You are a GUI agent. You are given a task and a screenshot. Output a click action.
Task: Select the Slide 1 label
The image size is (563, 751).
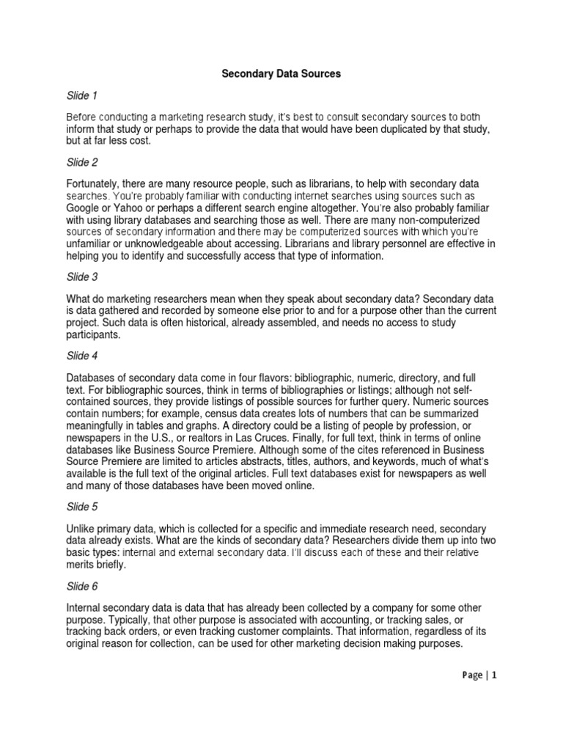click(82, 96)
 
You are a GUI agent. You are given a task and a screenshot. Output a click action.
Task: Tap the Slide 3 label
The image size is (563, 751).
click(82, 277)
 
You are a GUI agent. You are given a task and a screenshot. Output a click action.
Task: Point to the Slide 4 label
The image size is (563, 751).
click(82, 356)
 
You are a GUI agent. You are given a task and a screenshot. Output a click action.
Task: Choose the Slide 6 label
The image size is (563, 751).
click(82, 587)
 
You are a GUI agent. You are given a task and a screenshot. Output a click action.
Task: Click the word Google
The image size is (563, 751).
click(84, 208)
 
